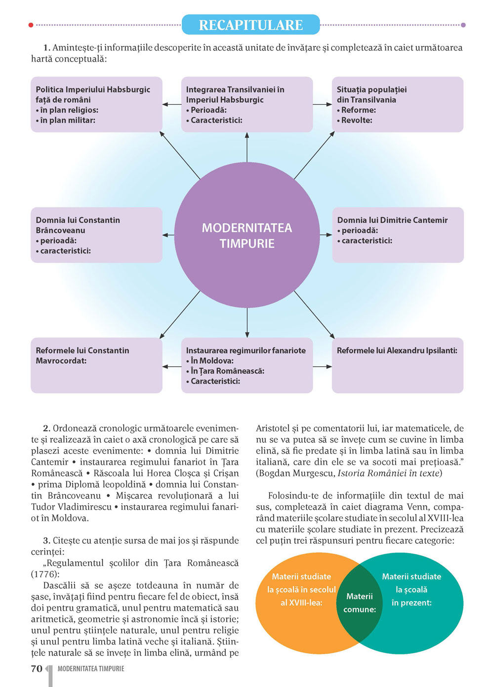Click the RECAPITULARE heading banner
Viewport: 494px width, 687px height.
(x=250, y=25)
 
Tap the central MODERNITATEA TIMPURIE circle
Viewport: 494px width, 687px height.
(x=247, y=235)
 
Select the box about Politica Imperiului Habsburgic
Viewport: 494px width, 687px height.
(x=96, y=104)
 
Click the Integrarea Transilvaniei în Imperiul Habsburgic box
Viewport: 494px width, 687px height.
(x=247, y=104)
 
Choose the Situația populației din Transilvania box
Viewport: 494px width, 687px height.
(x=397, y=104)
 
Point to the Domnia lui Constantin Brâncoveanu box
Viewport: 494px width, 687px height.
(x=96, y=235)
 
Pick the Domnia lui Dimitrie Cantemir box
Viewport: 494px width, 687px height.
(x=397, y=235)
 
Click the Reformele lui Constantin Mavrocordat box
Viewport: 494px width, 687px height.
(x=96, y=365)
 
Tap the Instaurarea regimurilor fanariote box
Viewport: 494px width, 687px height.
(x=247, y=365)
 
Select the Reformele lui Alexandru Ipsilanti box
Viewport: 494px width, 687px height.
(x=397, y=365)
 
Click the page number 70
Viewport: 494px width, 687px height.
(x=37, y=669)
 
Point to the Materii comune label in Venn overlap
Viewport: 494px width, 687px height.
(x=360, y=603)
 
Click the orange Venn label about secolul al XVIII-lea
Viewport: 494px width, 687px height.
(x=301, y=590)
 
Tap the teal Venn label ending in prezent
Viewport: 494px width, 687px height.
(x=412, y=590)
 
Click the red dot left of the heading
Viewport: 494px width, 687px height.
(x=31, y=25)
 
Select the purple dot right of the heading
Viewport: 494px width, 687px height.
(x=463, y=25)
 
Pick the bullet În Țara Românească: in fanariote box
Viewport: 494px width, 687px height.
(x=227, y=371)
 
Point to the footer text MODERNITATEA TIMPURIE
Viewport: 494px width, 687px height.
(x=91, y=669)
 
